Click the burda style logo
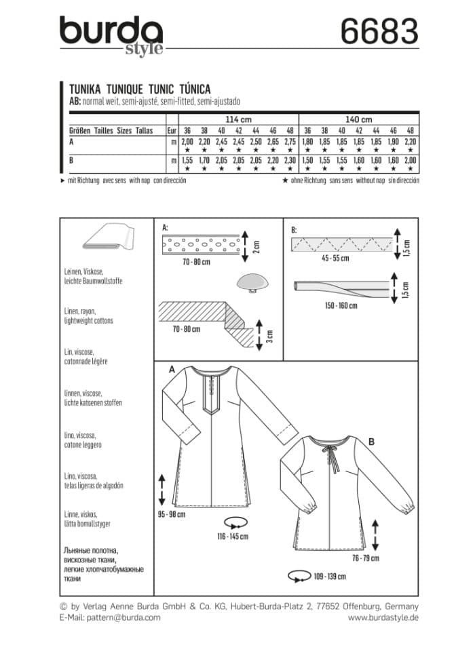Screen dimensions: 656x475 111,36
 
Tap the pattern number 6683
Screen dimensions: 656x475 377,32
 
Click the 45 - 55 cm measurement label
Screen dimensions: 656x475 334,258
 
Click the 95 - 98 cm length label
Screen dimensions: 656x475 170,514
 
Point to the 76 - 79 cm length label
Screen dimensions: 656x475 364,558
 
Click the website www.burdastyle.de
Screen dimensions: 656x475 383,617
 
